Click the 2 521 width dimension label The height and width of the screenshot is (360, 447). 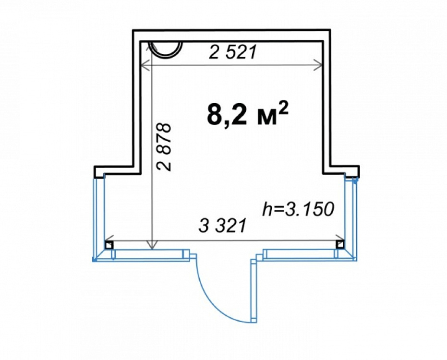pos(233,52)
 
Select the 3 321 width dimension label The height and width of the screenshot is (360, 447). pos(222,226)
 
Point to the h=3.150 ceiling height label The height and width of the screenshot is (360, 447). pos(298,209)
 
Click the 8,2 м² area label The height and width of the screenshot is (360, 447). pos(247,114)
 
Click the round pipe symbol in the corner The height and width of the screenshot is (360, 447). pos(166,49)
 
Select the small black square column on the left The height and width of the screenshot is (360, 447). pos(109,245)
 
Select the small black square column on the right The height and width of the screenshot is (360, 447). pos(340,244)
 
